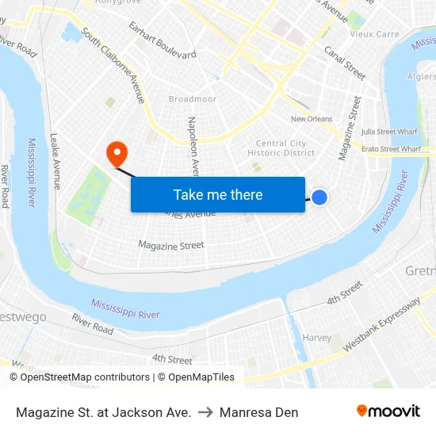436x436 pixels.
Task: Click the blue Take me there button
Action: [x=218, y=194]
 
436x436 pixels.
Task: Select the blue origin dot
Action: [x=319, y=197]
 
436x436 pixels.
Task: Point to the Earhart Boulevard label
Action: [x=163, y=44]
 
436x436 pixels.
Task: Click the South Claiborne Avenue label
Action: [x=114, y=67]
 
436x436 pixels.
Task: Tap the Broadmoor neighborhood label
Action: [x=192, y=99]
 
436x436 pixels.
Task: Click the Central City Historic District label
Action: [x=281, y=148]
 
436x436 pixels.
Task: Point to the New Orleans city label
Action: [x=312, y=119]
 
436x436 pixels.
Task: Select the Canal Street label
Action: [x=345, y=63]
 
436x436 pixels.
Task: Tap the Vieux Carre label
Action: [x=375, y=34]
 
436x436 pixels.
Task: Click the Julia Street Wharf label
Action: [x=389, y=132]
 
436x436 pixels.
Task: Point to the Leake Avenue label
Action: [x=55, y=162]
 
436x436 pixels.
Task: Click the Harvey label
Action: [x=317, y=338]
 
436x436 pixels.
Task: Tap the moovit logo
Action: [x=388, y=411]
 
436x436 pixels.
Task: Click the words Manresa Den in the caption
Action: [x=259, y=412]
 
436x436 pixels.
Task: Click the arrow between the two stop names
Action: [x=205, y=412]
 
